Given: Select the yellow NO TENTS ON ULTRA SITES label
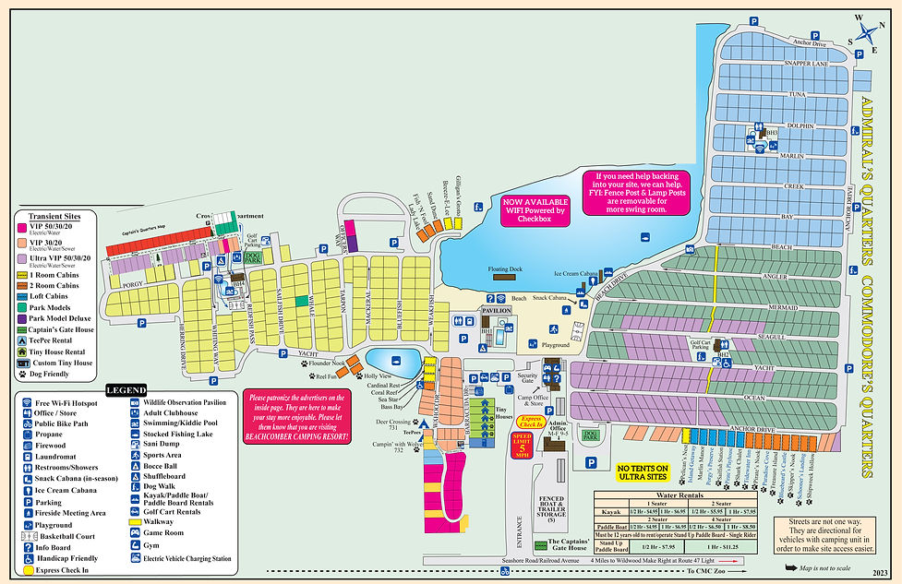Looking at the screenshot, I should pyautogui.click(x=650, y=475).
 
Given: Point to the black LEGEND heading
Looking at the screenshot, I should pyautogui.click(x=125, y=390).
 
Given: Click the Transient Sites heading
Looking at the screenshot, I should pyautogui.click(x=54, y=215).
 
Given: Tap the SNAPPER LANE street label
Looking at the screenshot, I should pyautogui.click(x=793, y=64).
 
